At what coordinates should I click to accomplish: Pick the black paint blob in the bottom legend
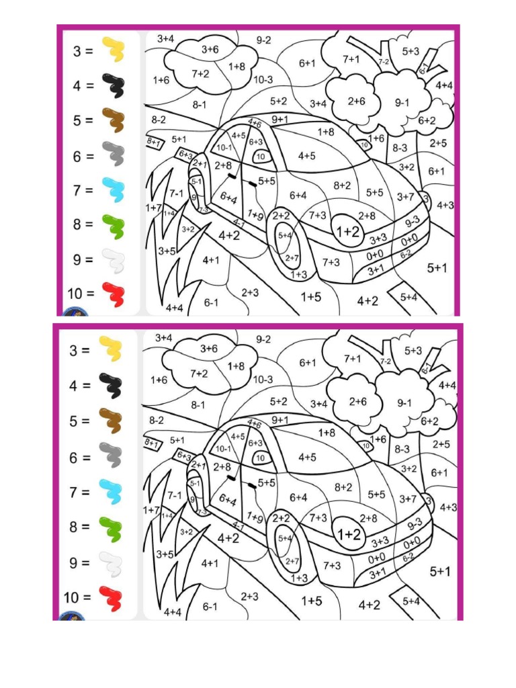[x=112, y=385]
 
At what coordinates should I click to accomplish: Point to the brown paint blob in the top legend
[x=113, y=121]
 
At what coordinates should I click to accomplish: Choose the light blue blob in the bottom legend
[x=111, y=492]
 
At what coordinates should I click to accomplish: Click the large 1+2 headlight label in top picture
[x=348, y=232]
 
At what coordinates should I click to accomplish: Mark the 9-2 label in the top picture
[x=263, y=40]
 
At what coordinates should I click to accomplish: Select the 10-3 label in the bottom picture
[x=263, y=379]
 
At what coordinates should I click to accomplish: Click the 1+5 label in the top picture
[x=310, y=296]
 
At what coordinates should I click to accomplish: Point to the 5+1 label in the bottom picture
[x=439, y=572]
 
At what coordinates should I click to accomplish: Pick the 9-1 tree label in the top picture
[x=402, y=103]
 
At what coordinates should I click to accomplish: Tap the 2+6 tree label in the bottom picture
[x=357, y=401]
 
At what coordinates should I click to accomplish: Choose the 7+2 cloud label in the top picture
[x=200, y=73]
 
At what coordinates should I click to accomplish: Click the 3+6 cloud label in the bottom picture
[x=209, y=349]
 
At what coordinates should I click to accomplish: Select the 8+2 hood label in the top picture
[x=342, y=185]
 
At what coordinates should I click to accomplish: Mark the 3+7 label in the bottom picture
[x=407, y=499]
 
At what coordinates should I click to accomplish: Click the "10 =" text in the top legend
[x=82, y=293]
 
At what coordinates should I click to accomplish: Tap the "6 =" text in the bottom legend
[x=81, y=458]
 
